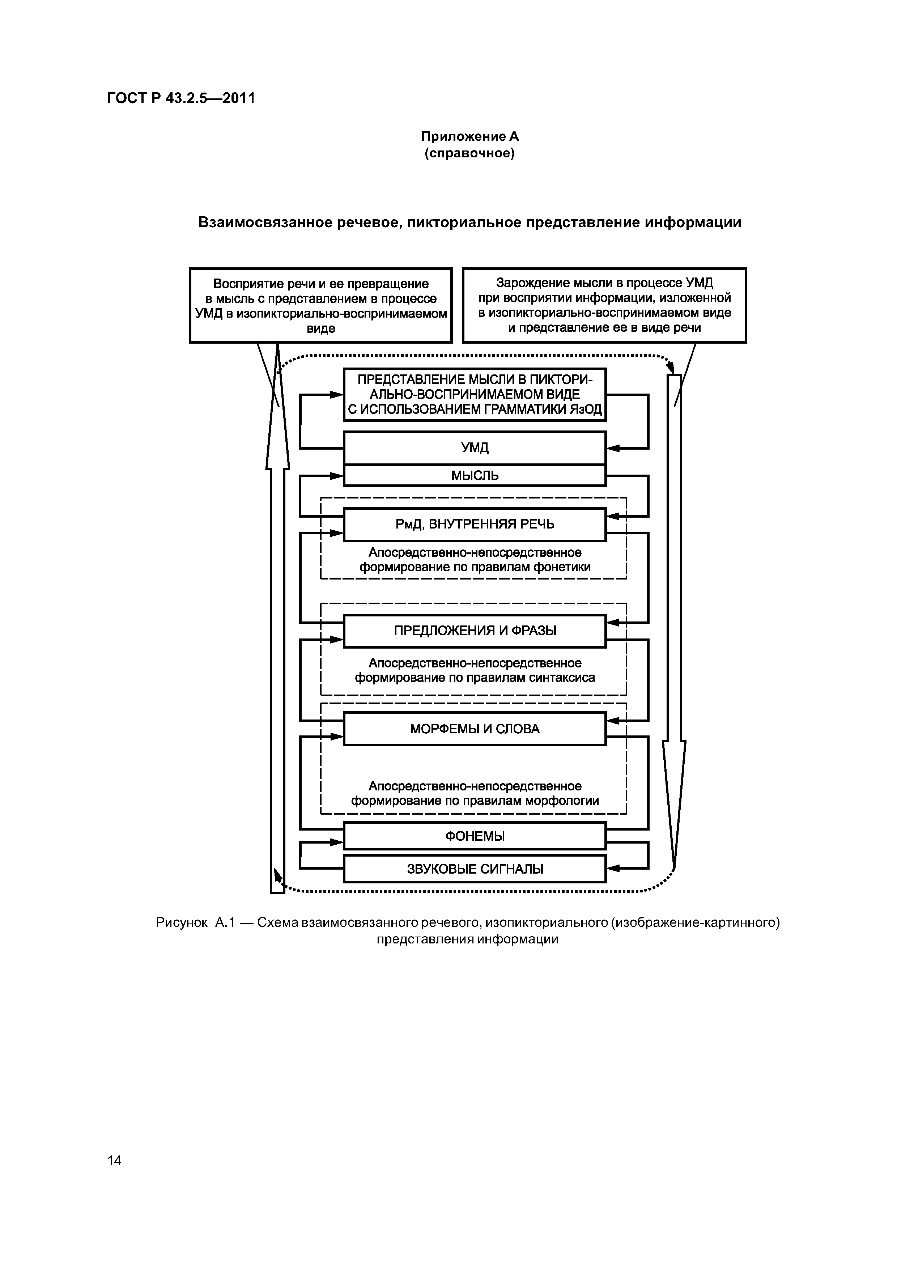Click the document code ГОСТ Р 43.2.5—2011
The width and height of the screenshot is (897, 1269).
181,98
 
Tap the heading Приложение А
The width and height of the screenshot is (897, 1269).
470,136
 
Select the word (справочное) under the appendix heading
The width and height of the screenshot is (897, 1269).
470,153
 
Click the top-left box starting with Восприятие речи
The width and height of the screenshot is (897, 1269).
320,306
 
